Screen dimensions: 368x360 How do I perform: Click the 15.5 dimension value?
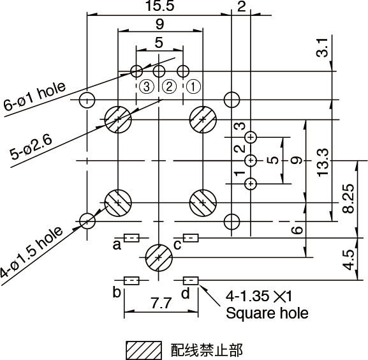(160, 6)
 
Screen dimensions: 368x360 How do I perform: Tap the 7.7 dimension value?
(161, 303)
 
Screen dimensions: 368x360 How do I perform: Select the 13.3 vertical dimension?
(323, 162)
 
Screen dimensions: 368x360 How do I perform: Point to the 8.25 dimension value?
(348, 199)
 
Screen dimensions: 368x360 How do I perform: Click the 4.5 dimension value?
(348, 260)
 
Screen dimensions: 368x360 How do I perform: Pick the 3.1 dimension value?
(322, 47)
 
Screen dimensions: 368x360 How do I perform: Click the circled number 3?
(147, 87)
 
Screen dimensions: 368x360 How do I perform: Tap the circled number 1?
(194, 87)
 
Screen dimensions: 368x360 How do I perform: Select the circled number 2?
(170, 87)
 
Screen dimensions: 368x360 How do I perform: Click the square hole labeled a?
(131, 238)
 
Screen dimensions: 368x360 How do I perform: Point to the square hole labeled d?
(191, 281)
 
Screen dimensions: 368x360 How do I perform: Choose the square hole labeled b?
(131, 281)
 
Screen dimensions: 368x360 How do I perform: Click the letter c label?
(177, 245)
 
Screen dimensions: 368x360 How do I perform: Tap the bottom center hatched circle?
(159, 258)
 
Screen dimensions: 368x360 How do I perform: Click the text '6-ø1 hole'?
(34, 96)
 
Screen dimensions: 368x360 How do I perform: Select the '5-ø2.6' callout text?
(31, 148)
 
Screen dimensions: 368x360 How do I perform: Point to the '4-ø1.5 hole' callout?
(31, 252)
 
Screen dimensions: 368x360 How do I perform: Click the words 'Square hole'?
(267, 313)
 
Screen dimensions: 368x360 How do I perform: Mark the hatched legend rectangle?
(144, 350)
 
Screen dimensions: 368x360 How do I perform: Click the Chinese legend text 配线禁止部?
(207, 350)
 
